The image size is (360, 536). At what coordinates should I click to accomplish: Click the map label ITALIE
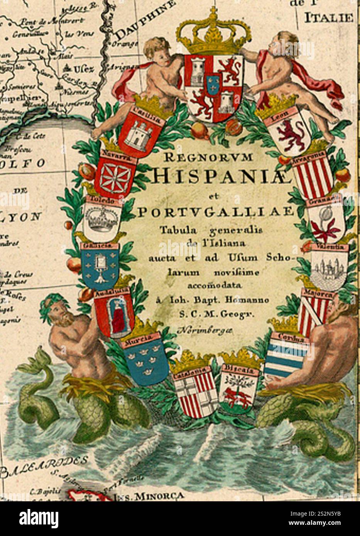pos(328,17)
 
